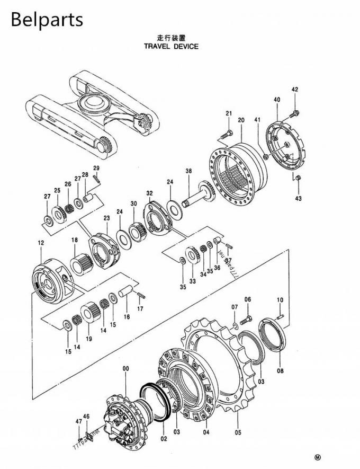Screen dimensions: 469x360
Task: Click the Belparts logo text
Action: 47,19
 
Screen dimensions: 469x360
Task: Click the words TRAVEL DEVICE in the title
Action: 171,46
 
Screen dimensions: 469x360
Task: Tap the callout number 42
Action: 295,90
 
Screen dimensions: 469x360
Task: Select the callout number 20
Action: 241,120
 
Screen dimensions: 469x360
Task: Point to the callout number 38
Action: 188,171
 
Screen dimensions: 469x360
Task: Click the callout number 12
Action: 41,243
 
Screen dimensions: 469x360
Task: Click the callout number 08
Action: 280,371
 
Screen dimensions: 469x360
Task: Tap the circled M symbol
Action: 318,457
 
